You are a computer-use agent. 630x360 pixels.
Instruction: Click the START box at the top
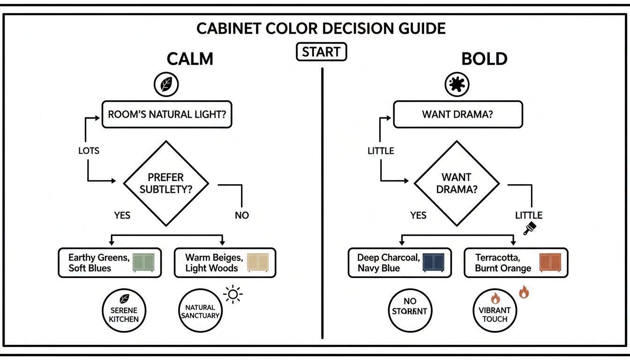[x=322, y=52]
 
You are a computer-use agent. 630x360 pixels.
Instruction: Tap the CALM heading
[x=190, y=59]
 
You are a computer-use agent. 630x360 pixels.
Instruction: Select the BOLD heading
[x=484, y=59]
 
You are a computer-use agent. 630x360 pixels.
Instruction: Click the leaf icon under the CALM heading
[x=166, y=85]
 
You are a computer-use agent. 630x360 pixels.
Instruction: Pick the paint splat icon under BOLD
[x=457, y=85]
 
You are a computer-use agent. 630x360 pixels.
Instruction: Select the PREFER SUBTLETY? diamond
[x=165, y=184]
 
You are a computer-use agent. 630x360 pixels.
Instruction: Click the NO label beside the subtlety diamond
[x=242, y=215]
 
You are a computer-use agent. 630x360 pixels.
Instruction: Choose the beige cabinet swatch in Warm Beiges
[x=258, y=262]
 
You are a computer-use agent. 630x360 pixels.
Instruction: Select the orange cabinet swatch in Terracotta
[x=550, y=262]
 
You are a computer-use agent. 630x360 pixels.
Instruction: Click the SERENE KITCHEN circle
[x=124, y=310]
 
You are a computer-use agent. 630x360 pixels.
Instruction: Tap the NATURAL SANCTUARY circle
[x=200, y=311]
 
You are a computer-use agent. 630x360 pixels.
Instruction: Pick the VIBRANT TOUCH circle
[x=495, y=310]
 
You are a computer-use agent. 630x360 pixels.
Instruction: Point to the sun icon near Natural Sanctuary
[x=233, y=294]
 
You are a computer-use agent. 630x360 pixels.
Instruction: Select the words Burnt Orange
[x=503, y=269]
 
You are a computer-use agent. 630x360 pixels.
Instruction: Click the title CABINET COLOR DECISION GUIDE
[x=321, y=28]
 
